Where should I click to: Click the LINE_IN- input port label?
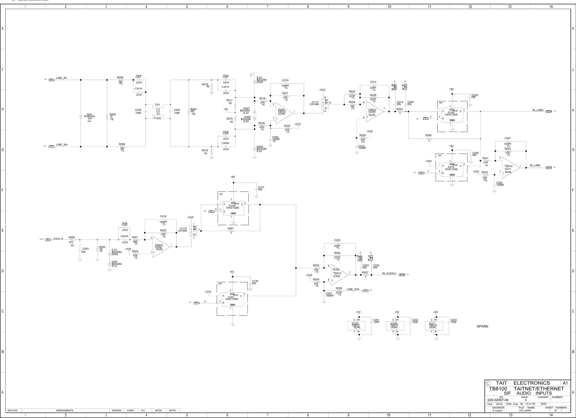click(x=61, y=78)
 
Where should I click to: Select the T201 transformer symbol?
click(x=158, y=111)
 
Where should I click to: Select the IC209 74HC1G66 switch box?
click(x=452, y=115)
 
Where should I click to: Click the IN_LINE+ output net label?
click(x=538, y=110)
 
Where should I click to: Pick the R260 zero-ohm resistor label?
click(x=429, y=136)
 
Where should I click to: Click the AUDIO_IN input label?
click(x=58, y=239)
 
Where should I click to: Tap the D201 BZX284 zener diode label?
click(x=116, y=264)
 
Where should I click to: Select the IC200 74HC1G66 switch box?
click(x=233, y=208)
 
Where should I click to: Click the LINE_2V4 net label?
click(x=353, y=289)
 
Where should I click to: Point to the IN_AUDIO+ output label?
click(x=389, y=273)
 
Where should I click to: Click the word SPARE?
click(x=482, y=326)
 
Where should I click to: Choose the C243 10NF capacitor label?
click(x=453, y=321)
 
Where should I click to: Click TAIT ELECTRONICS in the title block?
click(x=523, y=383)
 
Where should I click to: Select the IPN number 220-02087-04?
click(x=498, y=400)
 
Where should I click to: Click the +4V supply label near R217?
click(x=226, y=109)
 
